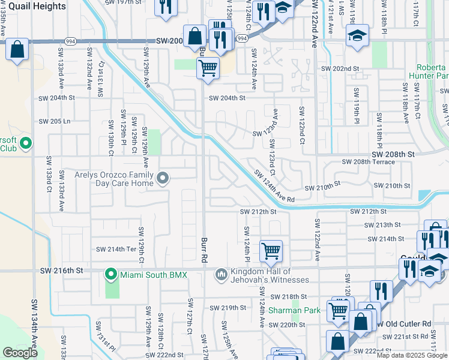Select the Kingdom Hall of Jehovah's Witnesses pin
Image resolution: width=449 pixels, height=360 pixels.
pos(221,274)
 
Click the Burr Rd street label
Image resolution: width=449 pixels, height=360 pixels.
pos(204,241)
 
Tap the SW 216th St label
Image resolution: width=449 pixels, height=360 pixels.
pos(61,271)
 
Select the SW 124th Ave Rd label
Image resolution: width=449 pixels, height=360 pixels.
pos(274,187)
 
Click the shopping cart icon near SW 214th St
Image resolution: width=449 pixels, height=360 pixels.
pos(271,251)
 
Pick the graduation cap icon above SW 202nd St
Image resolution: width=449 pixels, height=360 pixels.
pos(357,37)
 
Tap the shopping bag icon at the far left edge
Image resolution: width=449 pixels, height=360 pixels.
pos(17,50)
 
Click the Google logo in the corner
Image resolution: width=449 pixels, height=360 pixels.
pos(20,353)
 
